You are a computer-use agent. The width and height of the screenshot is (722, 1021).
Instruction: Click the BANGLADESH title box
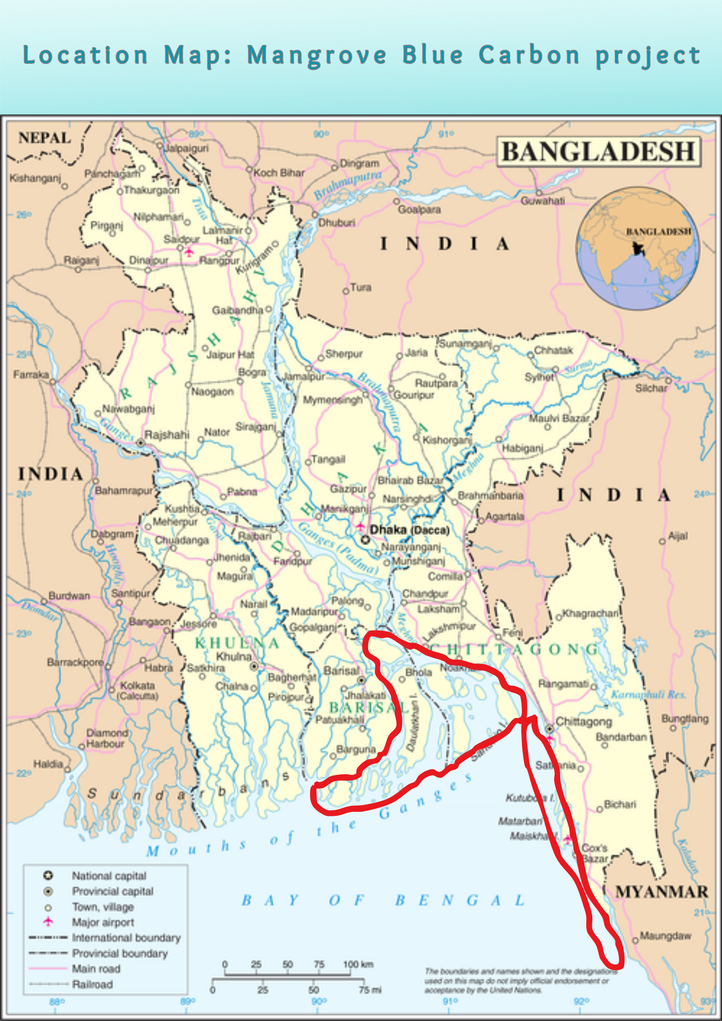(598, 152)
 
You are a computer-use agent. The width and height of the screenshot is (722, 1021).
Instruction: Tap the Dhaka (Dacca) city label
(410, 530)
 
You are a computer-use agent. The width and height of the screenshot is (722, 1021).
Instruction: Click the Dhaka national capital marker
(365, 540)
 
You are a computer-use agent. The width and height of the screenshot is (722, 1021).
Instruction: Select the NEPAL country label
(44, 138)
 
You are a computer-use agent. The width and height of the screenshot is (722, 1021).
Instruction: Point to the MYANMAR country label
(662, 892)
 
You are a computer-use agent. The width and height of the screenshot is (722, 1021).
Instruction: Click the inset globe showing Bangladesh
(638, 248)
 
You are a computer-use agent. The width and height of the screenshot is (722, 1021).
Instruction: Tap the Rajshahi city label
(166, 435)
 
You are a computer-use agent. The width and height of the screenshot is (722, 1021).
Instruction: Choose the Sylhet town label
(539, 377)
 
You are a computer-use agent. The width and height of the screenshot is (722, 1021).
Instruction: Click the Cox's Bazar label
(595, 853)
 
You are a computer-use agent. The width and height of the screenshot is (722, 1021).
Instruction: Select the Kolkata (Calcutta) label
(138, 690)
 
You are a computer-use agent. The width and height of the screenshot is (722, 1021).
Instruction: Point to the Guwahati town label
(543, 201)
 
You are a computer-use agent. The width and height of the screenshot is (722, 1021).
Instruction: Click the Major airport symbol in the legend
(48, 921)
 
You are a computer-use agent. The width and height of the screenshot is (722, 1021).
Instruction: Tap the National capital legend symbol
(48, 876)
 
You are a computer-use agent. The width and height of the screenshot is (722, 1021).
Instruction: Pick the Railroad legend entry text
(92, 984)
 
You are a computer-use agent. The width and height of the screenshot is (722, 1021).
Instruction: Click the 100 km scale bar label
(358, 964)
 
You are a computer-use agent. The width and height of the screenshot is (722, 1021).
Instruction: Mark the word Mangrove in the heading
(317, 56)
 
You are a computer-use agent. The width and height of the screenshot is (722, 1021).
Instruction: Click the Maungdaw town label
(665, 936)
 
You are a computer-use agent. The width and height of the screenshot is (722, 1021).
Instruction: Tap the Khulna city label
(234, 657)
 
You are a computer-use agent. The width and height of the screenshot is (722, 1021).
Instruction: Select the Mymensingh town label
(333, 400)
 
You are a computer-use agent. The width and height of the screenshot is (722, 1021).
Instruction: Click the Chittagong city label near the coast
(584, 722)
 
